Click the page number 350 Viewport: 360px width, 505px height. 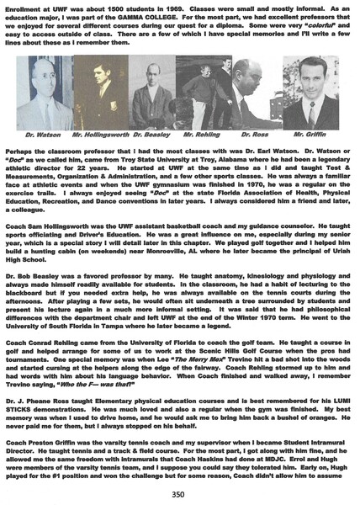point(179,493)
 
